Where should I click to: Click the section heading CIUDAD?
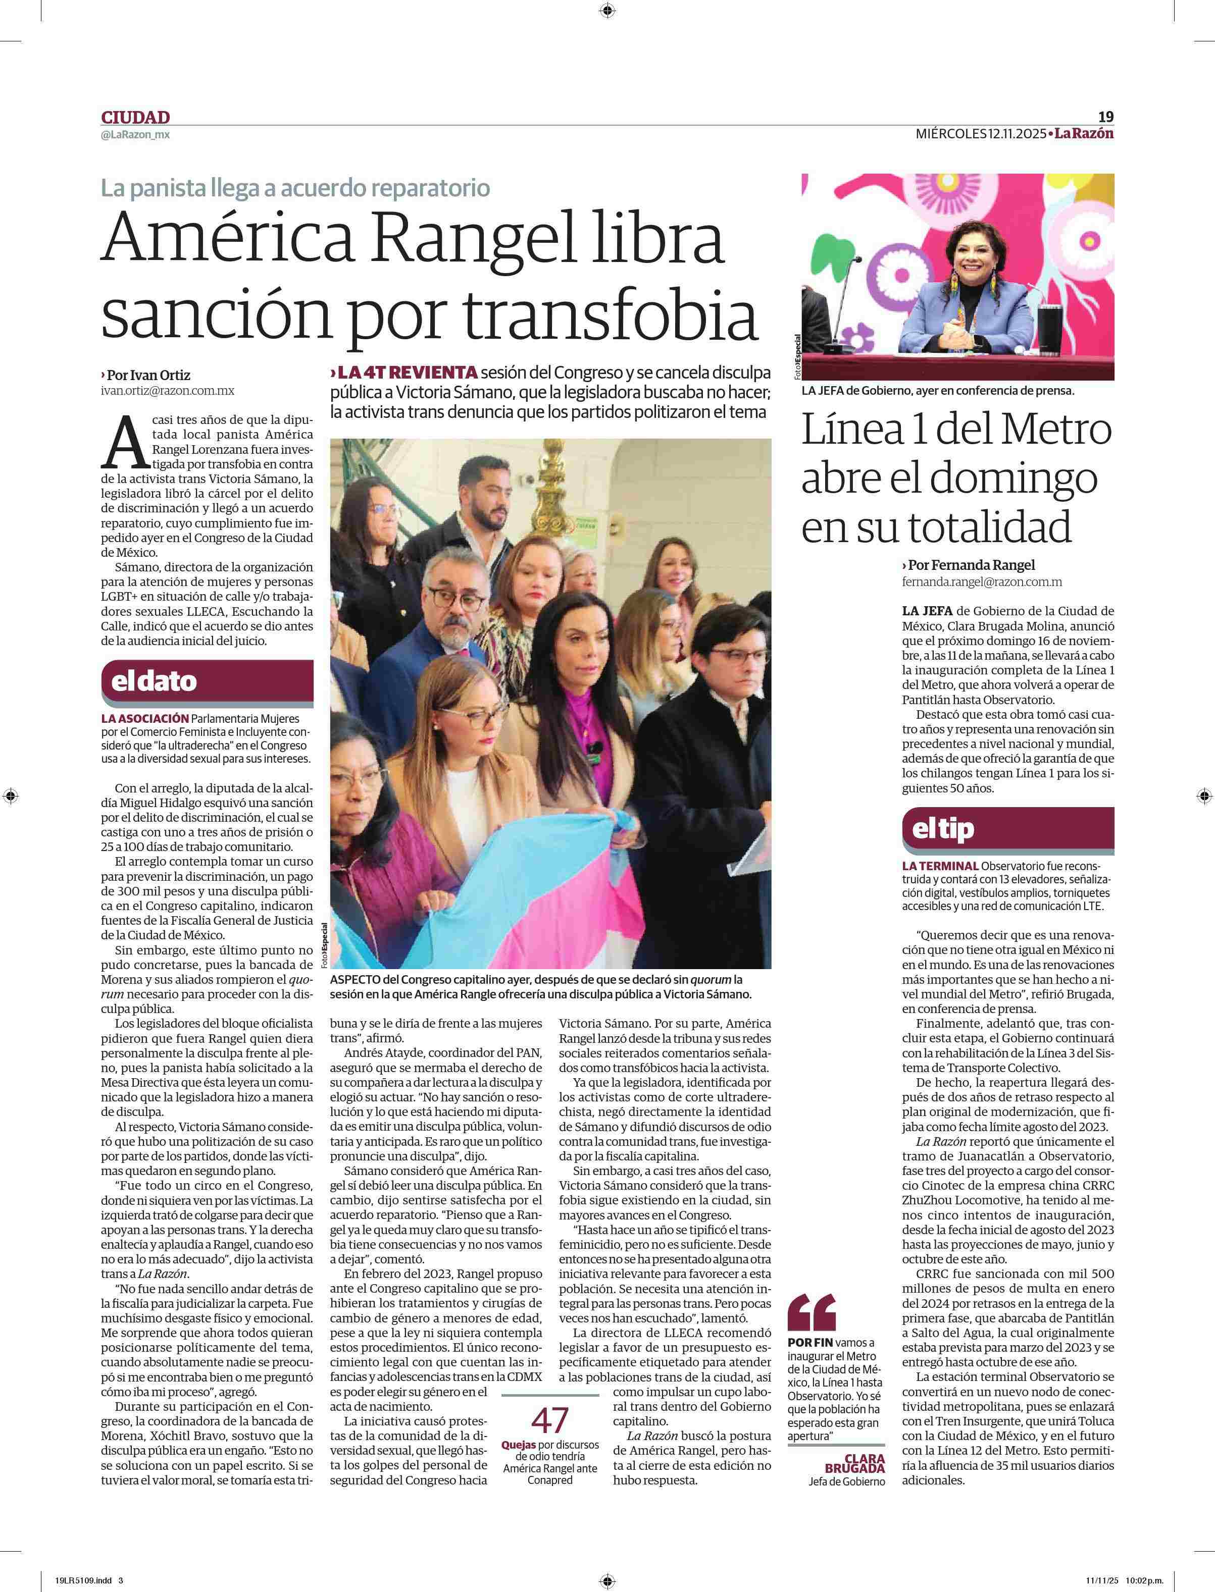pyautogui.click(x=135, y=117)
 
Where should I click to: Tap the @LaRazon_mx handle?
pyautogui.click(x=135, y=134)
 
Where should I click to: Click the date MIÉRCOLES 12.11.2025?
pyautogui.click(x=981, y=134)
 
